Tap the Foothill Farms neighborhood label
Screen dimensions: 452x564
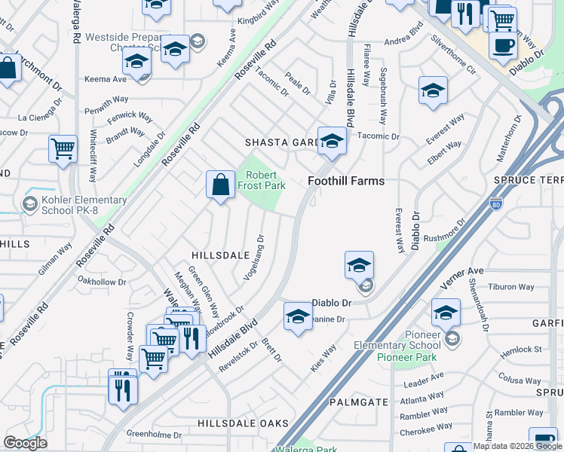tap(346, 181)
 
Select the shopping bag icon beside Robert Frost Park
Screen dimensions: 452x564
tap(219, 185)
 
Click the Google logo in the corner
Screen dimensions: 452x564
tap(25, 443)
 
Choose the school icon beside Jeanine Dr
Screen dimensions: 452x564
tap(299, 316)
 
